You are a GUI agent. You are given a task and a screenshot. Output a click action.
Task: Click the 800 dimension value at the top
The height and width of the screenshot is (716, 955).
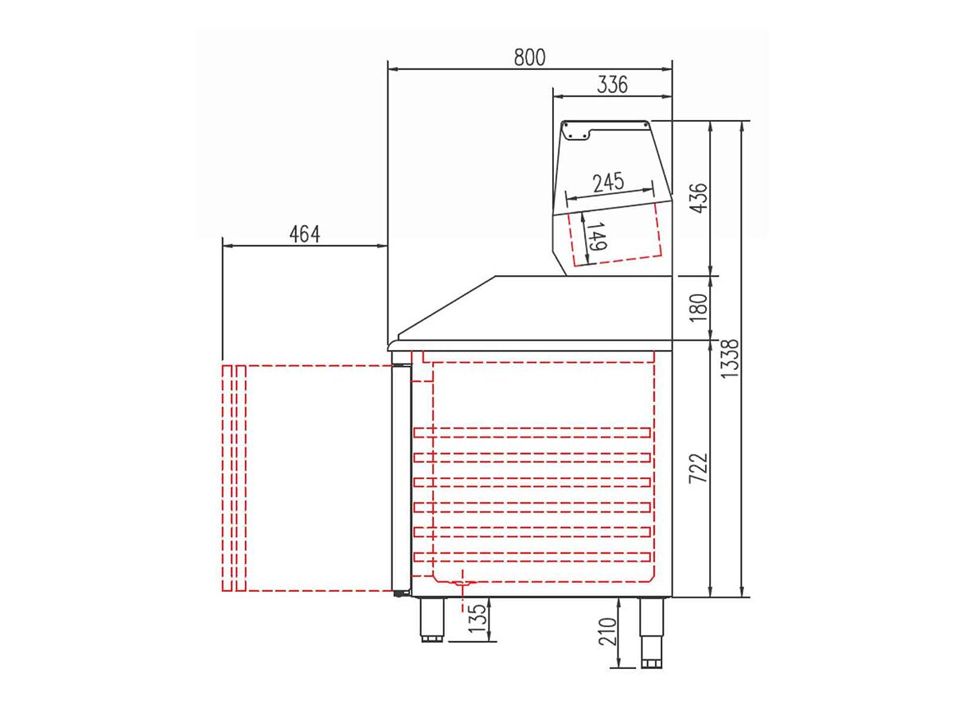coord(529,57)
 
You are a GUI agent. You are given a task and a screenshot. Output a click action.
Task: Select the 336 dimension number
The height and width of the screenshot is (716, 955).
coord(612,84)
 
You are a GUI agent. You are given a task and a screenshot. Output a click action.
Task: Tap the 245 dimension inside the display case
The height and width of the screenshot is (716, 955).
coord(609,182)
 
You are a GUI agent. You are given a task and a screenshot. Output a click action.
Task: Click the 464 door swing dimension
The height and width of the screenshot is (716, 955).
coord(305,235)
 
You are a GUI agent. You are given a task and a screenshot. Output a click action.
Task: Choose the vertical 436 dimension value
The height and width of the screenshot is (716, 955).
coord(700,198)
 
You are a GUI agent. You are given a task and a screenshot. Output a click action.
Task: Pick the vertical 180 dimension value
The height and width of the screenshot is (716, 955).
coord(700,307)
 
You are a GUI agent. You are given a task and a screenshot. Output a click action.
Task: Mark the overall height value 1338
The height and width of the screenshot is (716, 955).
coord(730,358)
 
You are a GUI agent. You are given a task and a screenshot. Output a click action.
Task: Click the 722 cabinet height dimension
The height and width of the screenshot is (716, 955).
coord(700,469)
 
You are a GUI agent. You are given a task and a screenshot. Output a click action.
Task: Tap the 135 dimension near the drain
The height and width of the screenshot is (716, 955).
coord(477,618)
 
